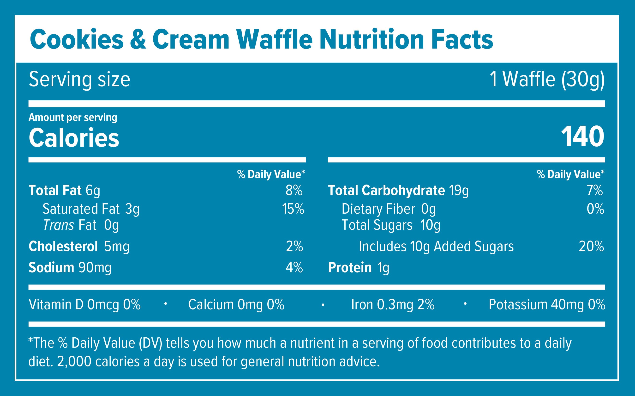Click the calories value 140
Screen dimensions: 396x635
click(582, 137)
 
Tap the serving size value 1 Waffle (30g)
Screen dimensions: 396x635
click(547, 79)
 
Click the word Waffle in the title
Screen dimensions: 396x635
click(274, 40)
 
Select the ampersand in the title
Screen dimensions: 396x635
click(138, 40)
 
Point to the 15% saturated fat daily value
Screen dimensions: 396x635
click(293, 209)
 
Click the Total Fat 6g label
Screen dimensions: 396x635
click(64, 190)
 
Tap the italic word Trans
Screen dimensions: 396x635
click(59, 225)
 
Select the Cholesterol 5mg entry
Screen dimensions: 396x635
click(79, 247)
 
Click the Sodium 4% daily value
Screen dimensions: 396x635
click(294, 268)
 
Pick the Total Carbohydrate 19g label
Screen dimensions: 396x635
click(398, 190)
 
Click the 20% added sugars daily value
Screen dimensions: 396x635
click(591, 247)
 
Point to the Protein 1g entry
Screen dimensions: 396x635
click(358, 268)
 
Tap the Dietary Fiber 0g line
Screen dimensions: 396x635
click(389, 209)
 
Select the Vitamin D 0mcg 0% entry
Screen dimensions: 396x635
click(84, 305)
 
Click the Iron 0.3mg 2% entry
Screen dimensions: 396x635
click(393, 305)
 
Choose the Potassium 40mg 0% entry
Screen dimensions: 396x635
click(547, 305)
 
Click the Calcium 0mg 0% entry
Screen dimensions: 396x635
click(236, 305)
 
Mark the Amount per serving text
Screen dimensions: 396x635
click(73, 117)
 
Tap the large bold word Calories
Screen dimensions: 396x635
click(74, 138)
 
